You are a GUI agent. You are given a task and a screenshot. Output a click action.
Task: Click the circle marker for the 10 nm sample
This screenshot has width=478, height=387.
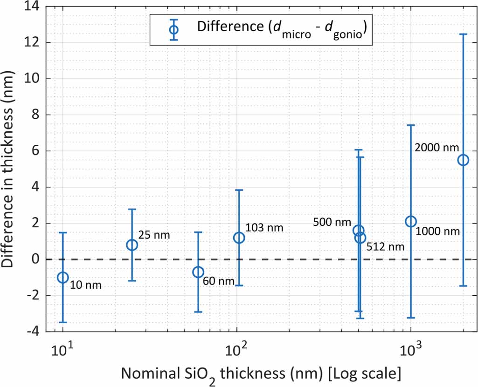[x=62, y=278]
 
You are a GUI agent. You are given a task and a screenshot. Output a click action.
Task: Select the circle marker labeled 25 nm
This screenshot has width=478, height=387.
[x=132, y=245]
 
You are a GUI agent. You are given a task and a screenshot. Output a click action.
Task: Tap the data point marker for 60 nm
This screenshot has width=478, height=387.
[x=198, y=272]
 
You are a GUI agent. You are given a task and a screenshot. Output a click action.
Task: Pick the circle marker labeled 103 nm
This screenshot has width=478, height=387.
[x=239, y=238]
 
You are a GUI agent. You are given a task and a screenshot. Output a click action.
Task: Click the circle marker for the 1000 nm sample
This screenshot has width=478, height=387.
[x=411, y=221]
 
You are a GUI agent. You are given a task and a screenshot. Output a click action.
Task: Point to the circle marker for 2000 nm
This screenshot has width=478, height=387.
[x=463, y=160]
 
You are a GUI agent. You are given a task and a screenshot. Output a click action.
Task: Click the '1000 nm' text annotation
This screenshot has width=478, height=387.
[x=437, y=231]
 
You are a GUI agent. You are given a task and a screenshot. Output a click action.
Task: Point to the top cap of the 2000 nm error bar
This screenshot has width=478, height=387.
[x=463, y=34]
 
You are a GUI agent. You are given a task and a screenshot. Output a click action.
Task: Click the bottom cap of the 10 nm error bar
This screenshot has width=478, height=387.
[x=62, y=322]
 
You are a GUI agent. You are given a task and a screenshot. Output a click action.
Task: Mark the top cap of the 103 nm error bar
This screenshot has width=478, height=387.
[x=239, y=190]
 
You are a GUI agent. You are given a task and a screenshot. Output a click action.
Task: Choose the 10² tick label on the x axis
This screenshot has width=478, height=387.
[x=236, y=349]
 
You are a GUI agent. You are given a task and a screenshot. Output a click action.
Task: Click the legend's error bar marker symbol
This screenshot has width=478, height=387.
[x=174, y=29]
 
